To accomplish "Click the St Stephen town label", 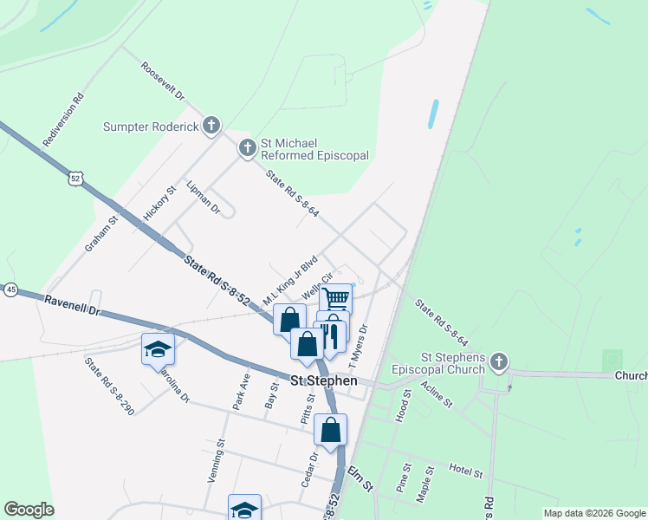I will pos(323,380).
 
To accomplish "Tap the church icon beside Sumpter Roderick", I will pos(211,127).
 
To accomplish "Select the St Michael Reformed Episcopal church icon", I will pos(247,149).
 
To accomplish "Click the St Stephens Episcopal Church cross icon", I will pos(498,361).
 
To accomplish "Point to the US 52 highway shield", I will pos(76,178).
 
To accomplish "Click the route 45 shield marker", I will pos(10,289).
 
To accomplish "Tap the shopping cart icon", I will pos(336,299).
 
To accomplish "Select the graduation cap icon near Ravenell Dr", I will pos(158,348).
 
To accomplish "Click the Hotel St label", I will pos(466,471).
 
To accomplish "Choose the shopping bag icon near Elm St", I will pos(330,430).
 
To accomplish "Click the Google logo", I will pos(29,510).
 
